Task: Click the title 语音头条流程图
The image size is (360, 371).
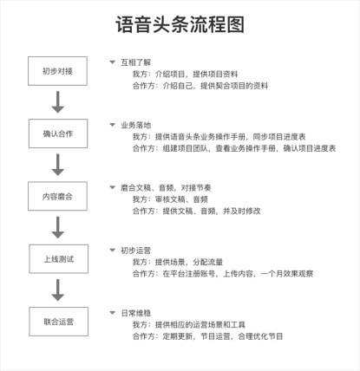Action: coord(180,24)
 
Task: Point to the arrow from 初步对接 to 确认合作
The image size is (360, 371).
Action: coord(58,102)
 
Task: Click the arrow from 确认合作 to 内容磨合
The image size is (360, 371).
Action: coord(58,165)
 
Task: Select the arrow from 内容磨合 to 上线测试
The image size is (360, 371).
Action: coord(58,228)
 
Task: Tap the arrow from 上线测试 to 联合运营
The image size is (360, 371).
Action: coord(58,290)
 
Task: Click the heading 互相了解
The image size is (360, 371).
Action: coord(136,62)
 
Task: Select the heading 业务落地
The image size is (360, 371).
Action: coord(136,125)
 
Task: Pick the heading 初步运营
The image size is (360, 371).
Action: coord(136,251)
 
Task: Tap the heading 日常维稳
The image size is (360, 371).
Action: coord(136,313)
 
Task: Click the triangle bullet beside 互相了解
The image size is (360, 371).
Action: coord(113,62)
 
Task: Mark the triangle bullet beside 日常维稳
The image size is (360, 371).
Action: coord(113,313)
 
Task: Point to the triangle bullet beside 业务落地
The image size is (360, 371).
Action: coord(113,125)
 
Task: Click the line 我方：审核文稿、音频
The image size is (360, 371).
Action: coord(170,199)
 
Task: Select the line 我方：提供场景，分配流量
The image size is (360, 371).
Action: coord(178,262)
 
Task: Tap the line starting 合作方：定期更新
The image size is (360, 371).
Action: coord(207,336)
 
